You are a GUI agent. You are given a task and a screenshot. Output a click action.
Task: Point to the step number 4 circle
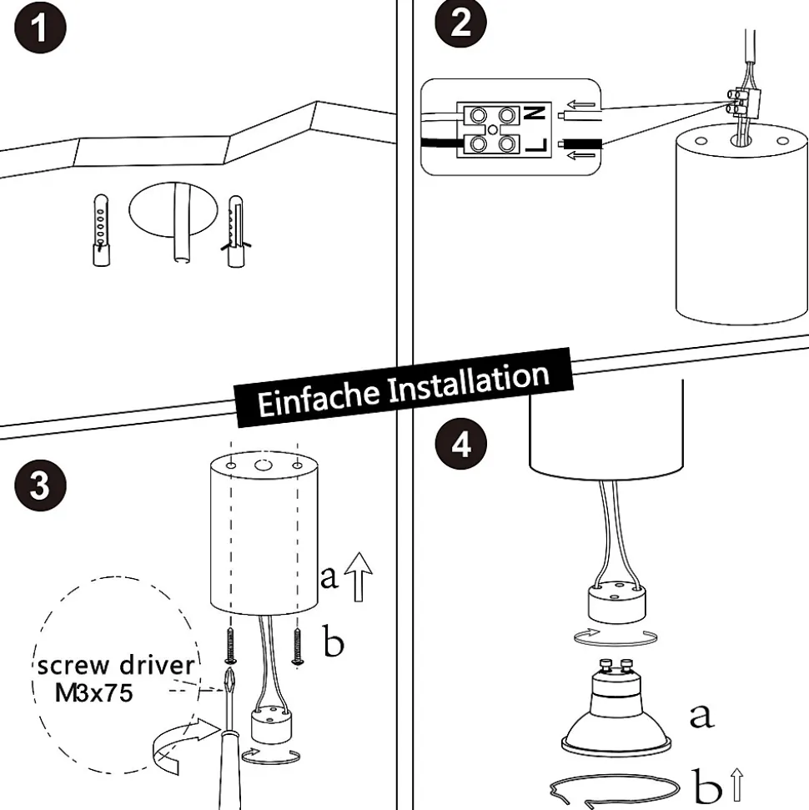click(x=460, y=445)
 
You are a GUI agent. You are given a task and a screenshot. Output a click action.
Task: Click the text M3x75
click(x=93, y=692)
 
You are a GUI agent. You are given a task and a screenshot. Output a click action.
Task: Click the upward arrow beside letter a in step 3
click(x=359, y=576)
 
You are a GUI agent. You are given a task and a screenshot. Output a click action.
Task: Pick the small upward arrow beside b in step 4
click(x=736, y=785)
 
